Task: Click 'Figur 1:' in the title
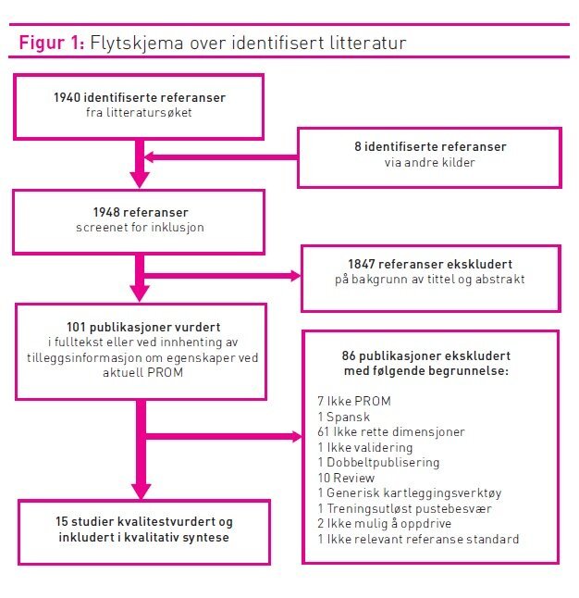click(52, 44)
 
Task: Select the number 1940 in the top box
click(68, 97)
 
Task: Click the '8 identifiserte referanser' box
click(427, 155)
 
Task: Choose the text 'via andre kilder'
click(427, 163)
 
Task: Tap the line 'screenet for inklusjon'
click(138, 227)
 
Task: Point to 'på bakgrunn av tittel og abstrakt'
click(431, 280)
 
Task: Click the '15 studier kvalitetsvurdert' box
click(142, 530)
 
